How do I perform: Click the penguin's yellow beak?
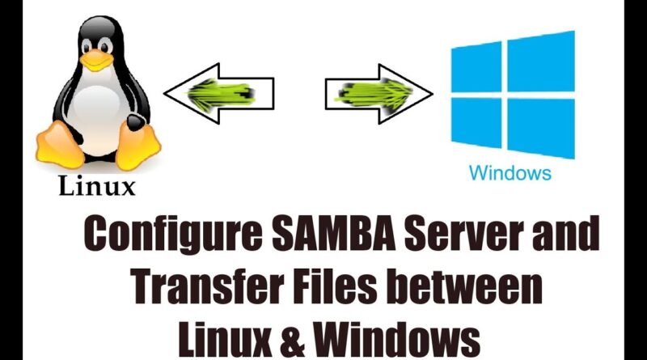(x=96, y=59)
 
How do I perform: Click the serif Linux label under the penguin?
(x=97, y=186)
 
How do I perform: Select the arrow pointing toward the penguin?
(x=218, y=94)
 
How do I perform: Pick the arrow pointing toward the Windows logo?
(x=378, y=94)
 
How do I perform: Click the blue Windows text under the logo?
(x=510, y=172)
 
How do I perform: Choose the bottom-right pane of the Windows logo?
(x=541, y=129)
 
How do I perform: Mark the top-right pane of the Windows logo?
(x=541, y=61)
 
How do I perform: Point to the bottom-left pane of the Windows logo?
(x=476, y=123)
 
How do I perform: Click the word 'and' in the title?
(x=565, y=233)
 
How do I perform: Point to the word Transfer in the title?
(x=208, y=287)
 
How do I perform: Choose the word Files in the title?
(x=336, y=287)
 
